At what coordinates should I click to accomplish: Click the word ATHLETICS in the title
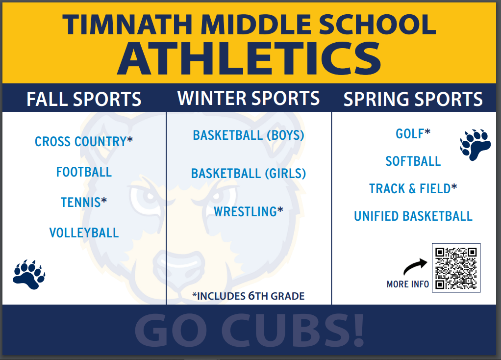coord(249,58)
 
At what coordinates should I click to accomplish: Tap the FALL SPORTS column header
coord(84,99)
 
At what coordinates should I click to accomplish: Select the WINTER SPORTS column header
coord(249,98)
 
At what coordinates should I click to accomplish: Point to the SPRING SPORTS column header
coord(413,99)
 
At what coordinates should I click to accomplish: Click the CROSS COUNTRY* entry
coord(84,141)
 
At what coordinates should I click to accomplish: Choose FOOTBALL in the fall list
coord(84,172)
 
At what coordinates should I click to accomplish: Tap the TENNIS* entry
coord(84,202)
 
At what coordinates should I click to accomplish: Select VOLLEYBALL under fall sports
coord(84,233)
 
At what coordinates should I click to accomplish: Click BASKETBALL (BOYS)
coord(249,135)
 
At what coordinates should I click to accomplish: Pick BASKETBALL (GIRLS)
coord(249,174)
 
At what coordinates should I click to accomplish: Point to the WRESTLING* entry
coord(249,212)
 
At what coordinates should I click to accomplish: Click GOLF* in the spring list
coord(413,133)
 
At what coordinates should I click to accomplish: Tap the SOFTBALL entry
coord(413,161)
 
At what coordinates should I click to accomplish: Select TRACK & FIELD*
coord(413,189)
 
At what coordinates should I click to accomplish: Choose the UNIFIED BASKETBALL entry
coord(413,216)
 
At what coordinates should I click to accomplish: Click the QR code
coord(456,268)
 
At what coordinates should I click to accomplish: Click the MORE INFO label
coord(408,284)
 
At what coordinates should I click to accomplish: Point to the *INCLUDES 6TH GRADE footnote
coord(248,296)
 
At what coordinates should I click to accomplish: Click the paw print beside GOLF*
coord(475,145)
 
